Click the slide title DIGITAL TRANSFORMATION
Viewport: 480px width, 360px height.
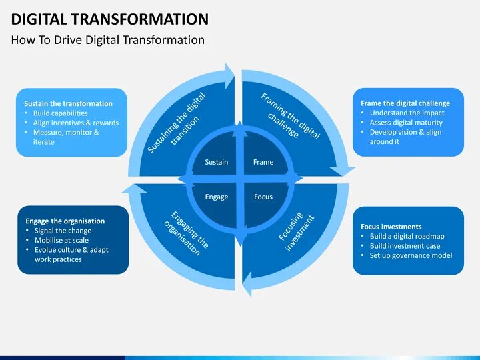(110, 18)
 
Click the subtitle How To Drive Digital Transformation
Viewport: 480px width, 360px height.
(108, 40)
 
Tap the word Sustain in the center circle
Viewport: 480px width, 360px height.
(216, 162)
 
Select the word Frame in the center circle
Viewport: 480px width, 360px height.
(263, 162)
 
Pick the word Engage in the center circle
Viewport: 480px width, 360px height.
(217, 197)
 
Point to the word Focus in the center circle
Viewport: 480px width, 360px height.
(263, 197)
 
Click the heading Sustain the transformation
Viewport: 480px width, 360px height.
(68, 104)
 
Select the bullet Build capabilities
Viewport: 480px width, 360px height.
(61, 113)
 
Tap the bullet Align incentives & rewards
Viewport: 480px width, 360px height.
(76, 123)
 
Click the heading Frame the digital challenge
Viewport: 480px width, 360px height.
(405, 103)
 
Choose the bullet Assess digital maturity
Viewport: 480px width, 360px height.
(405, 123)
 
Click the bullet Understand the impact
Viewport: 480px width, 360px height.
(407, 113)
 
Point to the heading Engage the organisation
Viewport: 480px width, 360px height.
(65, 221)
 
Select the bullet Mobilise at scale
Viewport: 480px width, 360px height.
(61, 240)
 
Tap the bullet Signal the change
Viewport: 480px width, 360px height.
(63, 231)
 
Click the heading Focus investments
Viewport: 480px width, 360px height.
(391, 227)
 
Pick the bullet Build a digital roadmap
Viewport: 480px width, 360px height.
(407, 236)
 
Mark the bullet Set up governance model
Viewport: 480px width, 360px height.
(411, 255)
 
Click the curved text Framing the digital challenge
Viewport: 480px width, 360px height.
(290, 116)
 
